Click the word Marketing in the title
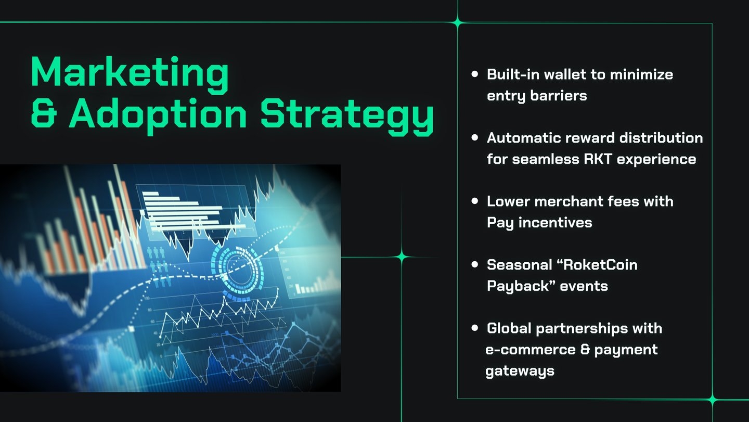tap(130, 74)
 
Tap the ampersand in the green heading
tap(44, 113)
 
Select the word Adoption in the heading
tap(158, 117)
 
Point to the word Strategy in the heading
tap(347, 117)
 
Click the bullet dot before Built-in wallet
tap(475, 74)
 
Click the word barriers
tap(559, 96)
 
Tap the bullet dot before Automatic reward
tap(475, 137)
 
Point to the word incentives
tap(555, 223)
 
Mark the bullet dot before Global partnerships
tap(475, 328)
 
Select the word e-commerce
tap(531, 350)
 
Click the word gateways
tap(520, 372)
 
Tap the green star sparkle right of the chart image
tap(402, 257)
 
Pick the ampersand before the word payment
tap(585, 350)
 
